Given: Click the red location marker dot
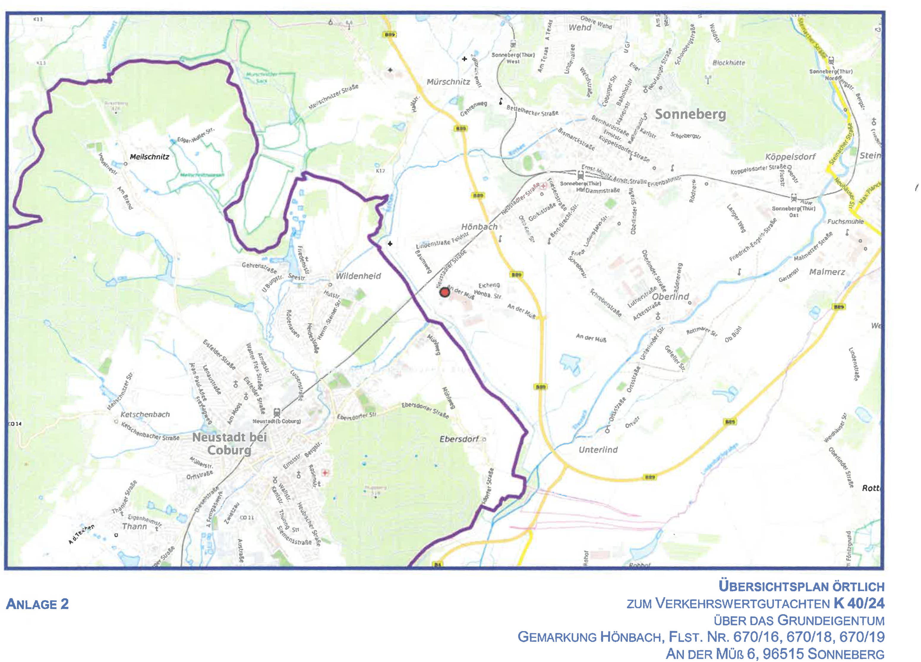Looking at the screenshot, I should click(x=445, y=292).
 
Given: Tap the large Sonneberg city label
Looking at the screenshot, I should click(x=690, y=114).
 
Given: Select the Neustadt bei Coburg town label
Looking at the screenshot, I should click(x=229, y=444).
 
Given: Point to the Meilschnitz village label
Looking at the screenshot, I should click(x=149, y=157).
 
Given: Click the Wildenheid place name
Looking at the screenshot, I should click(x=358, y=276).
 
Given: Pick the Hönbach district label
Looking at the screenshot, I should click(x=479, y=227).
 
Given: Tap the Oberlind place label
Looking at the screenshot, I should click(x=671, y=297).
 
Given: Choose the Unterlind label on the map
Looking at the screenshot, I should click(x=598, y=450).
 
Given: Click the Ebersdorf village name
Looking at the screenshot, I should click(x=459, y=439).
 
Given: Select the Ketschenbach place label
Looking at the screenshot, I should click(x=145, y=414).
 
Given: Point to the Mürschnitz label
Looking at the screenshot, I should click(x=448, y=82).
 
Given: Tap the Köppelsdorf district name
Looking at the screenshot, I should click(x=790, y=157).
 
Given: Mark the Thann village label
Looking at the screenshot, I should click(x=134, y=527).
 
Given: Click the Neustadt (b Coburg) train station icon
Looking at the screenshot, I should click(x=277, y=413).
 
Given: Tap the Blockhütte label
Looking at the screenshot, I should click(x=729, y=63).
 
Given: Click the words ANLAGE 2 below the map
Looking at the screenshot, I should click(x=37, y=604).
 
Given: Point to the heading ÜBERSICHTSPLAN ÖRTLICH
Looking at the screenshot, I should click(x=801, y=587).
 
